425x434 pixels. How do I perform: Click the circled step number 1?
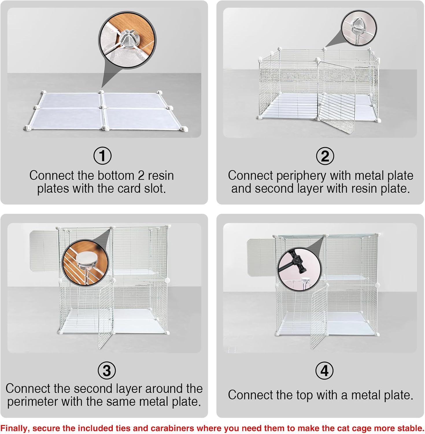click(103, 156)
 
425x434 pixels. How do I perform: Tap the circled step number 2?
click(325, 156)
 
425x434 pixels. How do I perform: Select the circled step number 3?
click(107, 370)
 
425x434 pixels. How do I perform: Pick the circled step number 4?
click(324, 371)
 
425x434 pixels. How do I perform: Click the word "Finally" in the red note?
click(14, 428)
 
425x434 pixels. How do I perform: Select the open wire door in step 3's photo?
click(106, 315)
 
